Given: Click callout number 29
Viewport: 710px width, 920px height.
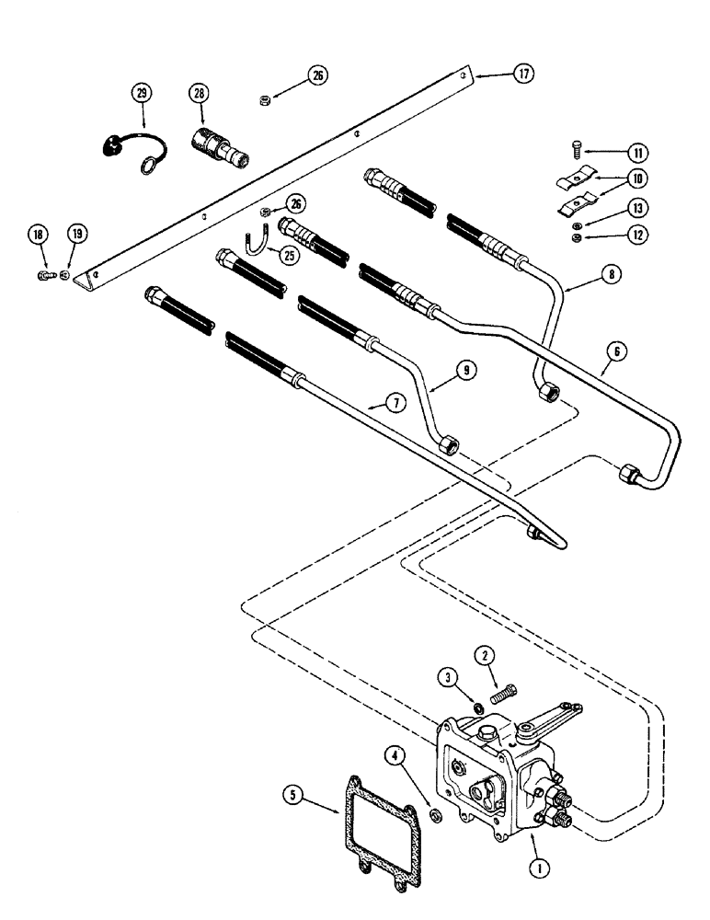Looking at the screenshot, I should click(142, 93).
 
